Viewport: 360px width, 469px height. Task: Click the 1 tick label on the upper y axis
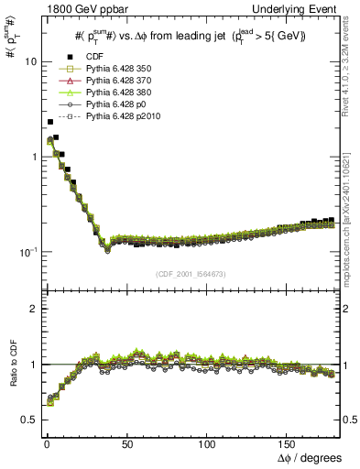(32, 157)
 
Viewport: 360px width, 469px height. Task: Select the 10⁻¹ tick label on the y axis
(27, 251)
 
